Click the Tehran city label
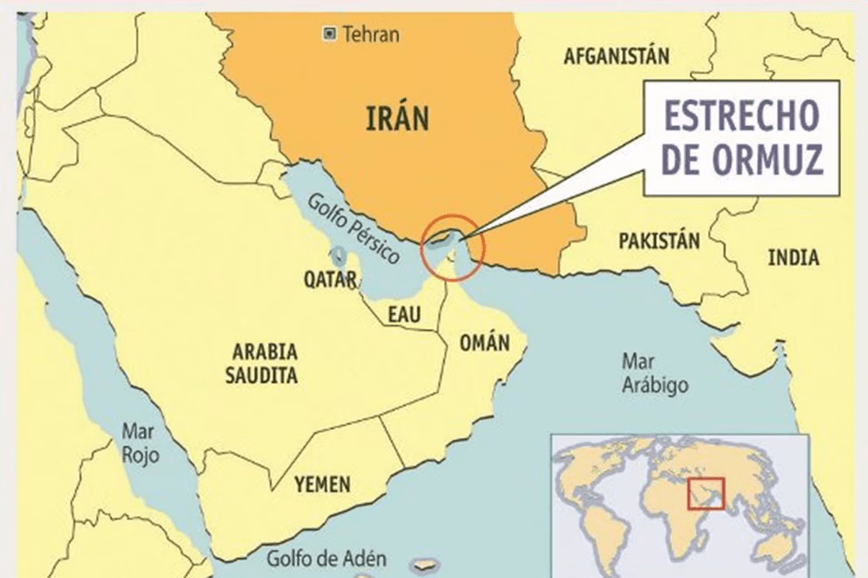(x=371, y=35)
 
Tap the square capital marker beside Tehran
(x=329, y=34)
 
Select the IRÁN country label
(x=397, y=117)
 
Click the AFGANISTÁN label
(x=617, y=57)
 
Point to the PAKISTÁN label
(x=659, y=240)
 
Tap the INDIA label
(x=794, y=258)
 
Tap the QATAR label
(x=330, y=280)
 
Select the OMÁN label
(x=484, y=343)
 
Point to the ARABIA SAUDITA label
(x=264, y=364)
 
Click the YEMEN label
(x=322, y=484)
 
